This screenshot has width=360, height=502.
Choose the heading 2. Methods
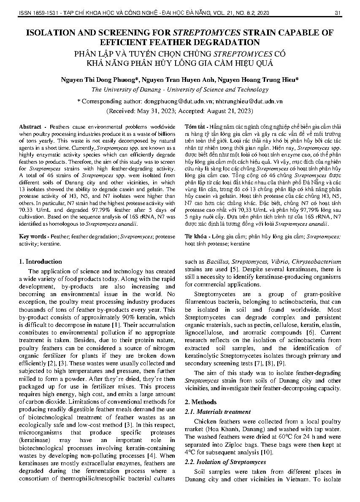(x=200, y=402)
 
